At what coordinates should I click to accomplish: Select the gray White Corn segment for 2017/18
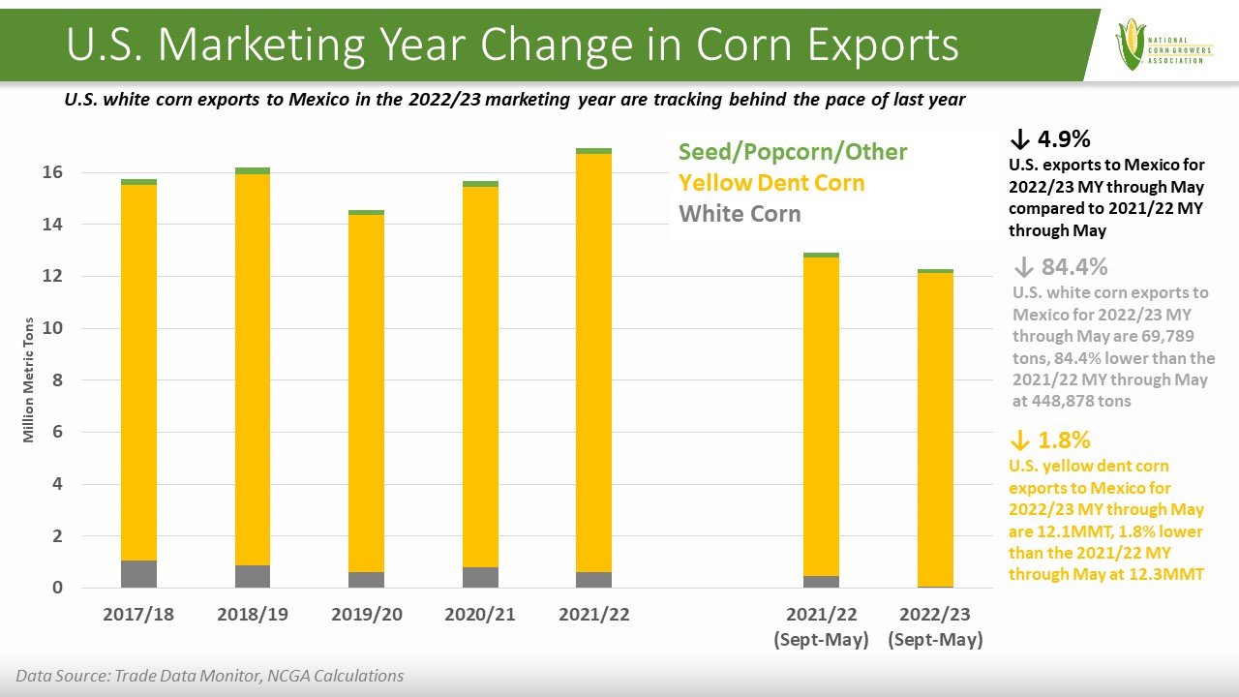(139, 574)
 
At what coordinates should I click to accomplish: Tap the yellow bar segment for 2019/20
(367, 392)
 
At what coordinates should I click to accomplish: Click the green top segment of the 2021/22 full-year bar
(594, 151)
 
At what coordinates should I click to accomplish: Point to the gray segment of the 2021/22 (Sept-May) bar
(822, 582)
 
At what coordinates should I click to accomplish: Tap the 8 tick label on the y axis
(57, 380)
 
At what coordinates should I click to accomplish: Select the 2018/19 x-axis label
(253, 615)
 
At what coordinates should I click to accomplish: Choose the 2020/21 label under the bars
(480, 615)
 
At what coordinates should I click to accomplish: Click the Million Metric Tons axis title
(29, 380)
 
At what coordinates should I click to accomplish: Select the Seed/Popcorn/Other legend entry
(793, 152)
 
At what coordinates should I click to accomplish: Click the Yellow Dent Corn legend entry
(771, 183)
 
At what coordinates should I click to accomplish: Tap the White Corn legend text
(740, 214)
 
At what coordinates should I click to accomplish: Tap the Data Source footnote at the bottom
(210, 676)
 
